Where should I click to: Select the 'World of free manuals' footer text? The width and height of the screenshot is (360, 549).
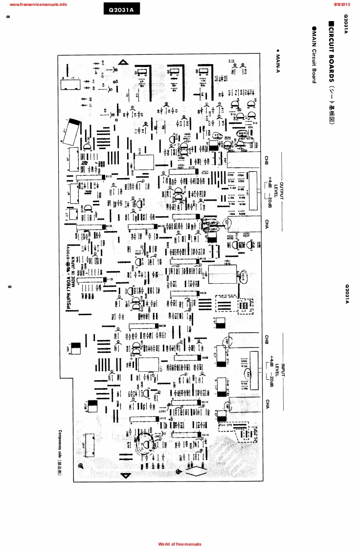click(x=180, y=544)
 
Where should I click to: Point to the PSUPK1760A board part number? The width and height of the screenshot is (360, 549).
click(x=68, y=293)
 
